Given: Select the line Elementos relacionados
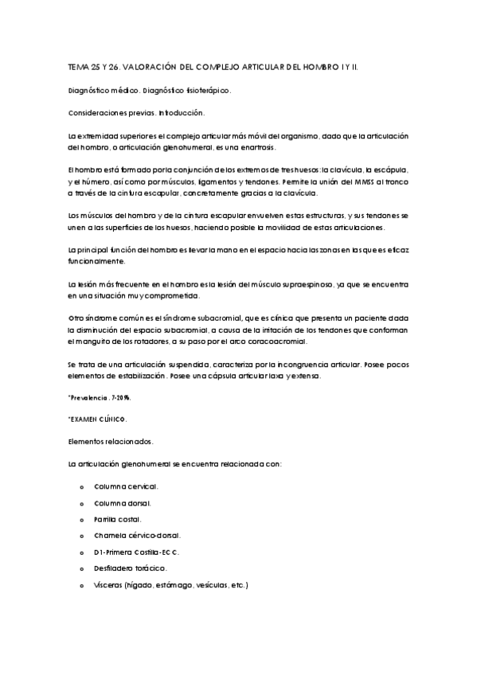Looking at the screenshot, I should tap(111, 441).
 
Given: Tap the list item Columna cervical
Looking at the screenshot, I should tap(126, 486).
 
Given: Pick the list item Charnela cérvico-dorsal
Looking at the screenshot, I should tap(137, 535).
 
